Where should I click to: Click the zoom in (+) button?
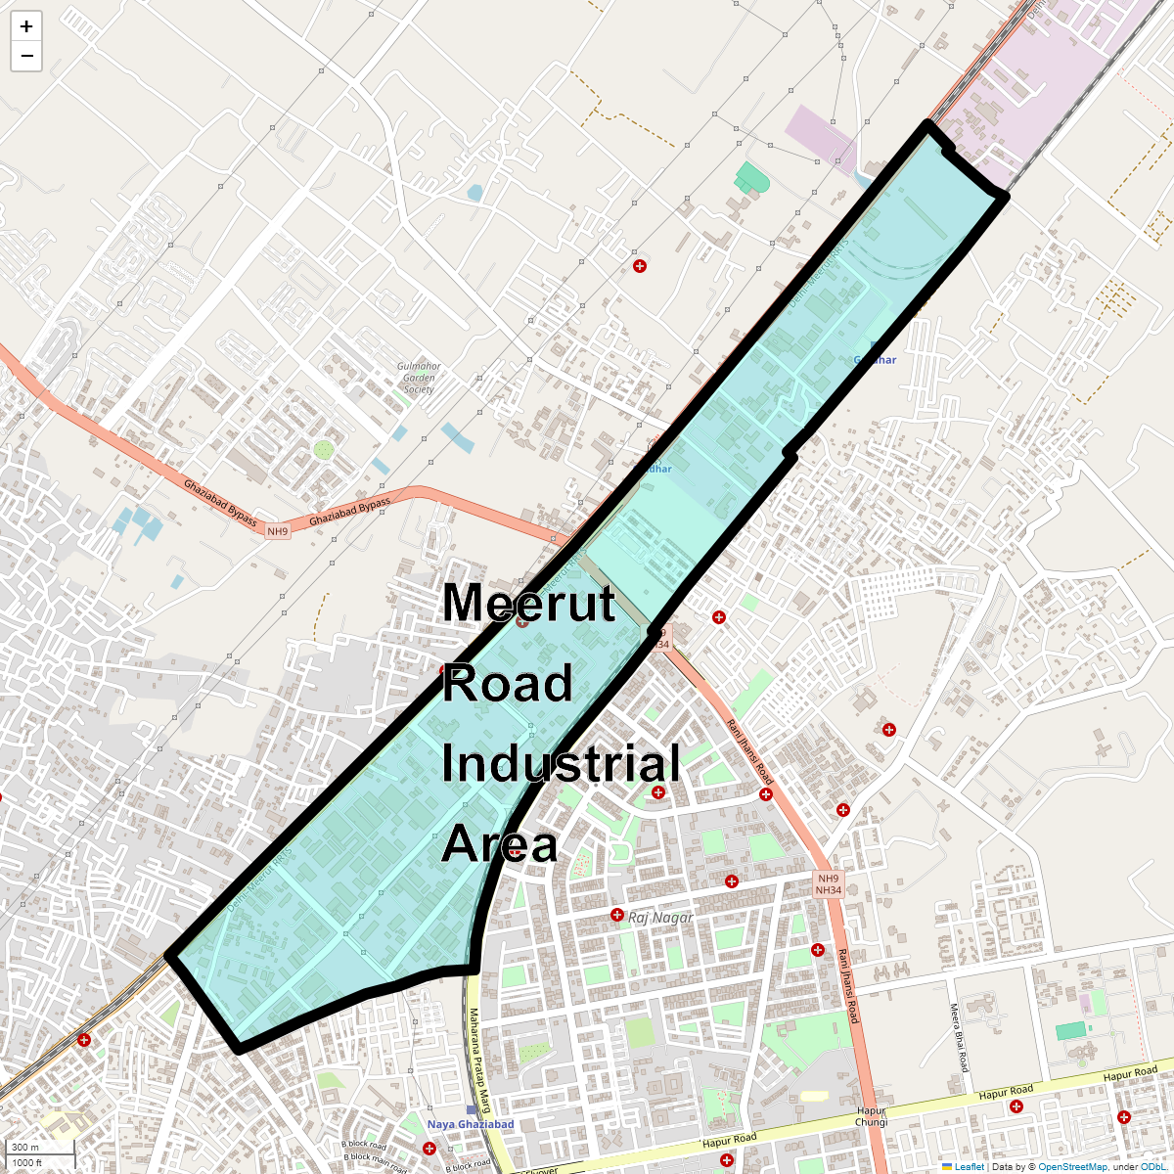[x=26, y=27]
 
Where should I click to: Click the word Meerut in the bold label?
[x=528, y=603]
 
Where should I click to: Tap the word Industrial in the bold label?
[x=561, y=764]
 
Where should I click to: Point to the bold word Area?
[x=500, y=844]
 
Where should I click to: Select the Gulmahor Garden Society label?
[x=419, y=378]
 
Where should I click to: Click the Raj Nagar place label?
[x=660, y=918]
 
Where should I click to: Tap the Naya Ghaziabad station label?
[x=471, y=1124]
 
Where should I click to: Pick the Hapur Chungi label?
[x=871, y=1116]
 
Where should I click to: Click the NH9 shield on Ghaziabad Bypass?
[x=278, y=531]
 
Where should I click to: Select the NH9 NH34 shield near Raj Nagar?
[x=828, y=884]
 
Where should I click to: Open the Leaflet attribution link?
[x=969, y=1167]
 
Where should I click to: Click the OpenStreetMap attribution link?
[x=1072, y=1167]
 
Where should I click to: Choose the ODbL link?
[x=1152, y=1167]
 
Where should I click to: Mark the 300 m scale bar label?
[x=26, y=1148]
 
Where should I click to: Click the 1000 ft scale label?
[x=28, y=1162]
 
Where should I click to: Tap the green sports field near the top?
[x=751, y=178]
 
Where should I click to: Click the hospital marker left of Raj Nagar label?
[x=616, y=915]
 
